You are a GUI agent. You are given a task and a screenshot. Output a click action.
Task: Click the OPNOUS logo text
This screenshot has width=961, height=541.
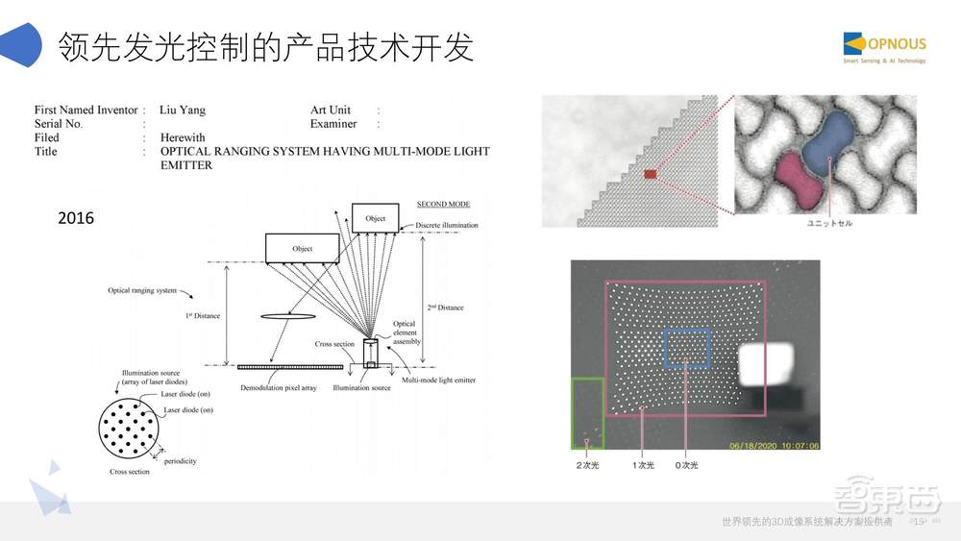[x=898, y=43]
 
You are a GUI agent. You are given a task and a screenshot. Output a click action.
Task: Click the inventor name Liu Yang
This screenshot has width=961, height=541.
[x=182, y=111]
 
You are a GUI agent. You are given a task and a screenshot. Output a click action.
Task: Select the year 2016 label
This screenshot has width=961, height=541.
[x=76, y=218]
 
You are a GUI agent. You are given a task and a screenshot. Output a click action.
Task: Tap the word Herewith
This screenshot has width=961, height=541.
[x=183, y=137]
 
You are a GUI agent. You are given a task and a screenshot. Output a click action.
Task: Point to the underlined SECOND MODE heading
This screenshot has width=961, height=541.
[x=443, y=204]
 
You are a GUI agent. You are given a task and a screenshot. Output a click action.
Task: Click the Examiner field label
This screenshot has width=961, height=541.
[x=333, y=124]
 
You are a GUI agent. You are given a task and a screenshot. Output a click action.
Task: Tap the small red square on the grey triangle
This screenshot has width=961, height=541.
[x=651, y=174]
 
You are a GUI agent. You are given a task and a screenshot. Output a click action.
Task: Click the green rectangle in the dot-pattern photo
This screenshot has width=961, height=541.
[x=587, y=413]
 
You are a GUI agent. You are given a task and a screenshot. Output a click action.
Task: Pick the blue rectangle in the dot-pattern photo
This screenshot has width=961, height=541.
[x=686, y=348]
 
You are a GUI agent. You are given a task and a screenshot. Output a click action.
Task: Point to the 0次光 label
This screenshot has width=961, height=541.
[x=686, y=465]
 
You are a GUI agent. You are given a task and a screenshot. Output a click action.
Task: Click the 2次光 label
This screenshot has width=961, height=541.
[x=588, y=465]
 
